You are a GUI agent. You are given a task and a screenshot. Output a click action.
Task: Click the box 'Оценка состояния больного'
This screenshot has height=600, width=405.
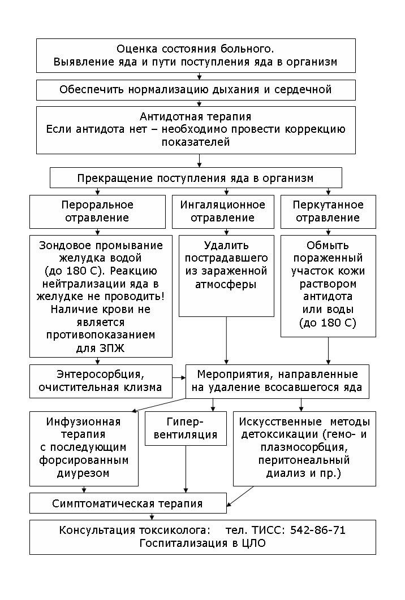[196, 55]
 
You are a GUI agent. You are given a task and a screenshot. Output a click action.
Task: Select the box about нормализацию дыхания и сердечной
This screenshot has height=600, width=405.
[196, 89]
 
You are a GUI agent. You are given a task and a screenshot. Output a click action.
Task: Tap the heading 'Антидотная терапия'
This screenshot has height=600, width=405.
[196, 117]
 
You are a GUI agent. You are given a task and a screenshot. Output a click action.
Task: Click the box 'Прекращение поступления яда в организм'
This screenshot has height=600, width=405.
[196, 178]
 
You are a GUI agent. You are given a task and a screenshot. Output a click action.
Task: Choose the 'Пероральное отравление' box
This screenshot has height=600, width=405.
[97, 211]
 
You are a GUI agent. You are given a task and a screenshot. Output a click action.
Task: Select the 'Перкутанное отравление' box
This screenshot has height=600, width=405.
[328, 211]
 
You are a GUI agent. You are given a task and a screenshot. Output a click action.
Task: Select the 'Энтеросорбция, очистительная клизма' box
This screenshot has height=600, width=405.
[100, 380]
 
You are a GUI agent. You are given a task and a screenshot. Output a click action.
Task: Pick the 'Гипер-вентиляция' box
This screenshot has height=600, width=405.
[186, 428]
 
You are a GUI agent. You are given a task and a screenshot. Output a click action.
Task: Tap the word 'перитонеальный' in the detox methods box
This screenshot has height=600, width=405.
[304, 460]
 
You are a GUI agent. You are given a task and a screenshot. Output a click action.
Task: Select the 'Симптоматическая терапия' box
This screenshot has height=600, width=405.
[127, 503]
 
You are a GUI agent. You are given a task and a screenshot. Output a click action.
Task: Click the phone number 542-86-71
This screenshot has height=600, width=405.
[317, 530]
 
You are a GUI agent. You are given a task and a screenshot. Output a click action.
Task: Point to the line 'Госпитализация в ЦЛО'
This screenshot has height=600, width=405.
[202, 544]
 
